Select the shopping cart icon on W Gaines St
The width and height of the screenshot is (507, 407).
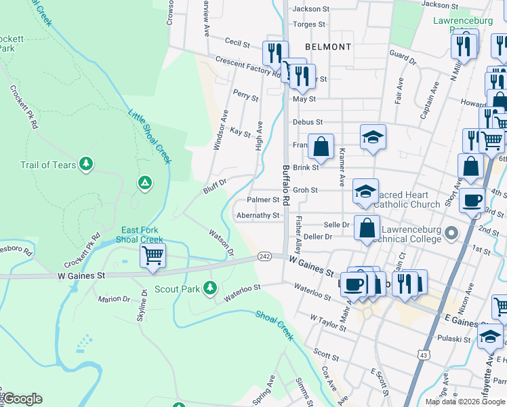pyautogui.click(x=153, y=256)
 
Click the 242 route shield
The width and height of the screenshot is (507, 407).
pyautogui.click(x=264, y=256)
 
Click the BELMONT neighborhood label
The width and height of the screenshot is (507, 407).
pyautogui.click(x=328, y=47)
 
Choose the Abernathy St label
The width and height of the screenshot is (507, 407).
pyautogui.click(x=258, y=216)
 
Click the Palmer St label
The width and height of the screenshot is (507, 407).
pyautogui.click(x=263, y=200)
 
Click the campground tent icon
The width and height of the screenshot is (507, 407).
pyautogui.click(x=144, y=182)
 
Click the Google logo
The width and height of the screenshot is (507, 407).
pyautogui.click(x=22, y=399)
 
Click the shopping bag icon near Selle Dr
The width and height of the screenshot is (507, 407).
pyautogui.click(x=367, y=228)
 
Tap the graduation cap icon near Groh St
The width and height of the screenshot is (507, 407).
pyautogui.click(x=365, y=191)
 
